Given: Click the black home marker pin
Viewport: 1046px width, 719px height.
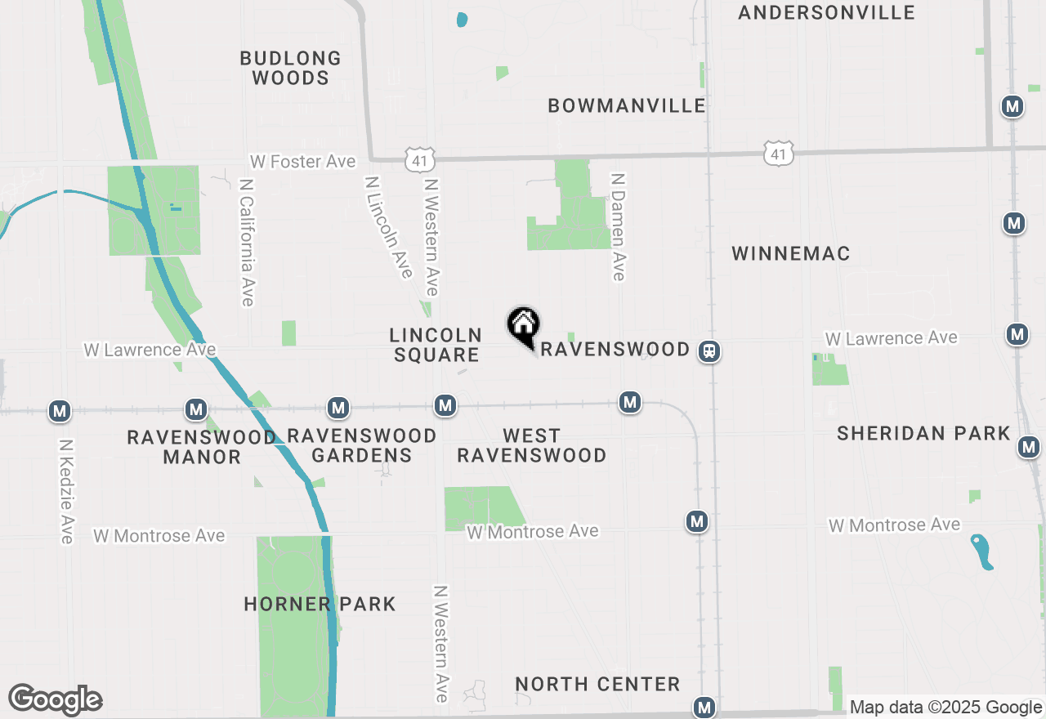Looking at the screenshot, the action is click(523, 326).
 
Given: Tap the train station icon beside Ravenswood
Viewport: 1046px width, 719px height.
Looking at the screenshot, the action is click(709, 351).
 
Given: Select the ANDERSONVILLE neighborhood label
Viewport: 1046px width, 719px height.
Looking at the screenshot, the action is click(825, 12).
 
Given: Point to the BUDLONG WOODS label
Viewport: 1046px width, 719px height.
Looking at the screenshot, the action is click(290, 68).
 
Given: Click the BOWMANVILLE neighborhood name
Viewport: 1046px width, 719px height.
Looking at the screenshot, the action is click(627, 105).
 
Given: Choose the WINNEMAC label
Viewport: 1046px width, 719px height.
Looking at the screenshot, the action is click(790, 253).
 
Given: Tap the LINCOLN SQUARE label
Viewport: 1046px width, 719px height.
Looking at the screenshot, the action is click(435, 345).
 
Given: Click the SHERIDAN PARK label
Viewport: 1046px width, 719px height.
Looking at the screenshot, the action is click(923, 433).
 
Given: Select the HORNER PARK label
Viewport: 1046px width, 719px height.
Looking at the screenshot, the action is click(320, 604).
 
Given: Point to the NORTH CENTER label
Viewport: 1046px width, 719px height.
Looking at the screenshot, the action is click(597, 684).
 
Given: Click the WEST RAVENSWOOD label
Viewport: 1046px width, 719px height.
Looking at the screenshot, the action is click(531, 445).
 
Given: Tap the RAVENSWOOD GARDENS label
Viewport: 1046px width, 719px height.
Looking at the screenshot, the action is click(361, 445).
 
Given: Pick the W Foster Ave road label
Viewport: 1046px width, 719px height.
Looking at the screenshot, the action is click(302, 162).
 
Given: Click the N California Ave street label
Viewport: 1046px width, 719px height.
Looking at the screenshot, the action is click(248, 243).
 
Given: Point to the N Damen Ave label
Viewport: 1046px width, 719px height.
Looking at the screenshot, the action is click(619, 226).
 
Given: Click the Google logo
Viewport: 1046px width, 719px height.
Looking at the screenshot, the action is click(55, 699).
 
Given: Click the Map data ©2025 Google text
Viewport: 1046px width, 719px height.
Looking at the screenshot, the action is click(945, 707).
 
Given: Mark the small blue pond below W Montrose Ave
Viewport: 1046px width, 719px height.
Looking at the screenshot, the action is click(982, 552).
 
